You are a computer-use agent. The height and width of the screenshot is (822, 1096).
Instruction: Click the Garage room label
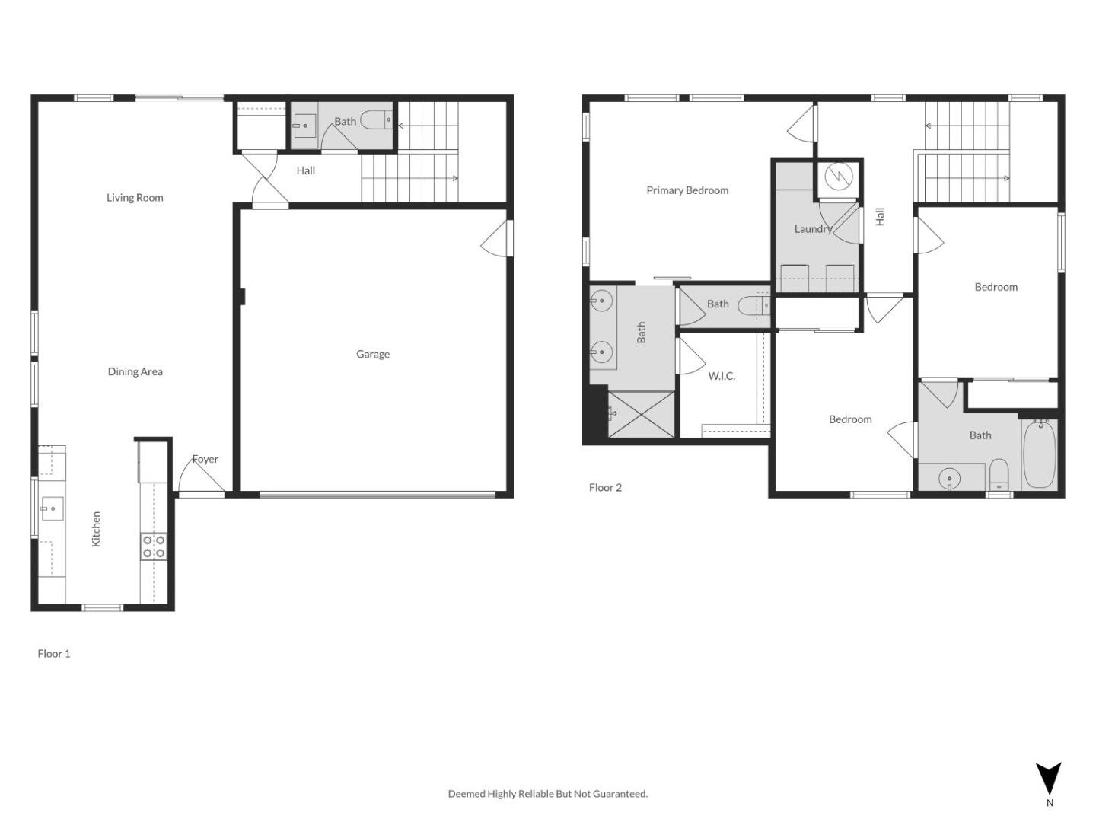(x=373, y=354)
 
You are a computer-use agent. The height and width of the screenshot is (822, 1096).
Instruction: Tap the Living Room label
(x=135, y=198)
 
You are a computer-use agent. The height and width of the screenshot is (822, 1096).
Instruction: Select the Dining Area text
(x=135, y=371)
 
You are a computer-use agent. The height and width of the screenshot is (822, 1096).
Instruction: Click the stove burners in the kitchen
(x=153, y=547)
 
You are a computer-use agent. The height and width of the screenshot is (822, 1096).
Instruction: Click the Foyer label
(x=205, y=459)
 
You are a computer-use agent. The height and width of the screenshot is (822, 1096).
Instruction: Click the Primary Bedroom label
(x=687, y=190)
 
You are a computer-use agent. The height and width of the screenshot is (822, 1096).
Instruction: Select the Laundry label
(x=812, y=229)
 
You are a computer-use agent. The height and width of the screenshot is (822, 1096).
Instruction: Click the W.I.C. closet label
(x=722, y=376)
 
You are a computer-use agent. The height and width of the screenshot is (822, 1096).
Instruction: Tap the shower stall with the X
(x=641, y=415)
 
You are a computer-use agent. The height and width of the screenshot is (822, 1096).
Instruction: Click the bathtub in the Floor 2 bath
(x=1039, y=455)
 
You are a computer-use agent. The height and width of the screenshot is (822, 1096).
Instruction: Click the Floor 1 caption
(x=54, y=653)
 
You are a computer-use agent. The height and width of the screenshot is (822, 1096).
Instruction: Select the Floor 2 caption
(x=605, y=487)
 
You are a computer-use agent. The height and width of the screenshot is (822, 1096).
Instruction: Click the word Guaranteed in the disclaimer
(x=622, y=794)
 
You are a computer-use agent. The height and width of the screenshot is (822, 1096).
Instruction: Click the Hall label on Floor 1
(x=306, y=170)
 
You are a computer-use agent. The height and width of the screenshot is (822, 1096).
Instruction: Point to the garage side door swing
(x=495, y=238)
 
